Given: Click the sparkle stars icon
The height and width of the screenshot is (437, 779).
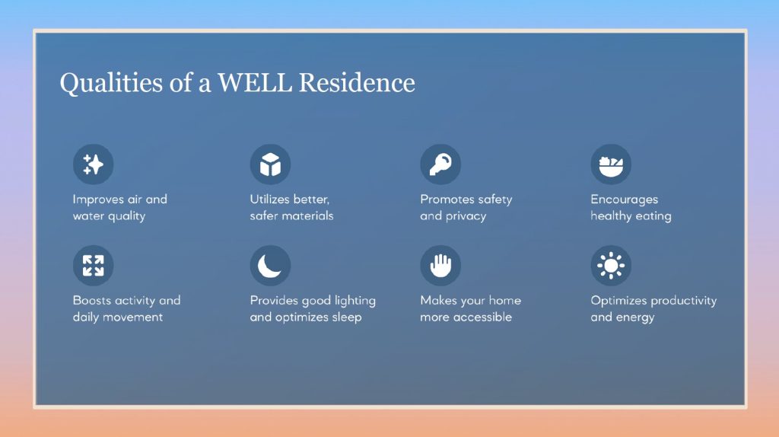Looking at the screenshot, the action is (94, 164).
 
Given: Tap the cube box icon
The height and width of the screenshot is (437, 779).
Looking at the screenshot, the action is (270, 164).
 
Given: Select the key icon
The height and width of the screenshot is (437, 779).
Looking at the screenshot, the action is (440, 164).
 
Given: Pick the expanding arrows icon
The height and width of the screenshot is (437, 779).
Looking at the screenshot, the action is (94, 266).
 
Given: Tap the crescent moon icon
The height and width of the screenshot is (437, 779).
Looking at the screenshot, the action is (270, 266).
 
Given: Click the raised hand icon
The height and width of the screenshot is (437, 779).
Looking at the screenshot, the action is (440, 266).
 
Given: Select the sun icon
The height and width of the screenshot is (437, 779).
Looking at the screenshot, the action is (611, 266).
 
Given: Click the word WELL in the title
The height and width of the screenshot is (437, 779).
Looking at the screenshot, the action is (255, 82).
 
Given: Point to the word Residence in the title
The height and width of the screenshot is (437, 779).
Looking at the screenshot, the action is (357, 82).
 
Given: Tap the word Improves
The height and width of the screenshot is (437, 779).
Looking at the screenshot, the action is (95, 200).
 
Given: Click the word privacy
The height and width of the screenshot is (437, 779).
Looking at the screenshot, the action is (466, 216).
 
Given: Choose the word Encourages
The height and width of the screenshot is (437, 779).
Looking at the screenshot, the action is (625, 200).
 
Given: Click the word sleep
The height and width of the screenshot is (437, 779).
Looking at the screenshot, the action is (346, 317).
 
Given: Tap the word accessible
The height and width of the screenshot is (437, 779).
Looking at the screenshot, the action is (482, 317).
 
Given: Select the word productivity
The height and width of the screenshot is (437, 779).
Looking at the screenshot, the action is (684, 301).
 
